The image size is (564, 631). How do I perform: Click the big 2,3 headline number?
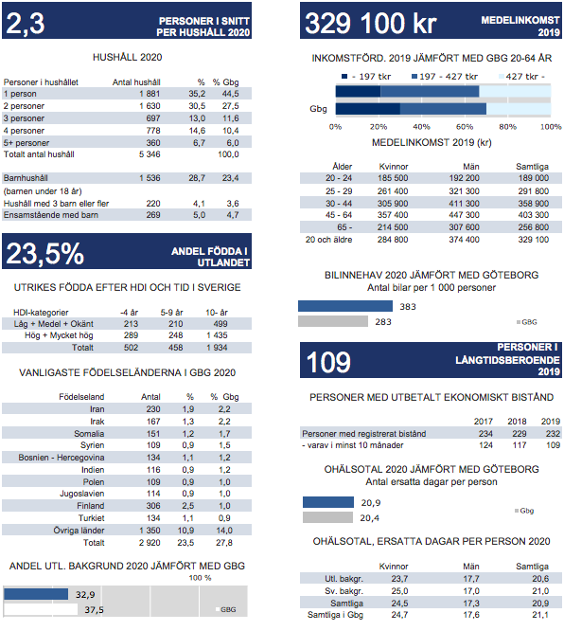[x=26, y=24]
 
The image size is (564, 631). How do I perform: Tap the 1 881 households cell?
[x=150, y=94]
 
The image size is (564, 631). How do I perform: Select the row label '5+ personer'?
[x=26, y=143]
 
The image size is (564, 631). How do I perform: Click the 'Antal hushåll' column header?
[x=136, y=82]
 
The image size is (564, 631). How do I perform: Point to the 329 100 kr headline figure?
[x=370, y=23]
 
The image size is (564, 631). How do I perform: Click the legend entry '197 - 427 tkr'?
[x=445, y=77]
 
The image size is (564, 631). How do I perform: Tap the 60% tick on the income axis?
[x=465, y=127]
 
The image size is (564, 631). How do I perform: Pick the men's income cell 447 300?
[x=464, y=215]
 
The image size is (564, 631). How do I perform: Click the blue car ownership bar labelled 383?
[x=345, y=306]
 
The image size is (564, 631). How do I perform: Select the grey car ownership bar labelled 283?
[x=333, y=321]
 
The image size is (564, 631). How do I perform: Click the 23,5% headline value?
[x=45, y=254]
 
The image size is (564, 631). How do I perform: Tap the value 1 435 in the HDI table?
[x=217, y=335]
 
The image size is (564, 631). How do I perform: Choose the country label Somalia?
[x=89, y=433]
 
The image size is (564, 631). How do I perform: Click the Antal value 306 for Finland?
[x=153, y=506]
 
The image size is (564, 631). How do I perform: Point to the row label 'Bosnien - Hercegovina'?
[x=62, y=458]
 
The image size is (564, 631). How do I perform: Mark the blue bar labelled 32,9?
[x=36, y=594]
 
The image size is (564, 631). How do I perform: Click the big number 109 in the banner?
[x=328, y=362]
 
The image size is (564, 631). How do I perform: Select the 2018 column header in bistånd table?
[x=517, y=422]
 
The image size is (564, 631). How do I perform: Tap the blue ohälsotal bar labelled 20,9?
[x=328, y=502]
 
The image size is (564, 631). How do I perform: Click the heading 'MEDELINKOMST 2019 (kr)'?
[x=432, y=142]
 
